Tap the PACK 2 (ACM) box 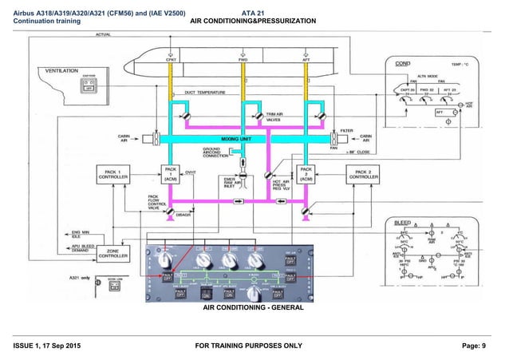coord(305,175)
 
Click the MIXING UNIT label coord(236,139)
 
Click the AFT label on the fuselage coord(306,59)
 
